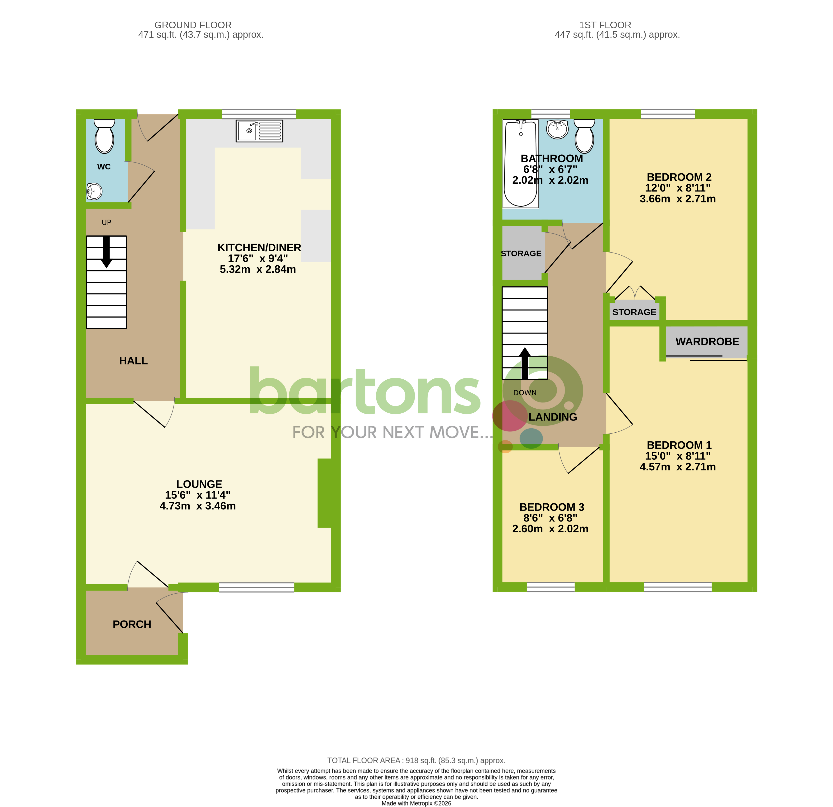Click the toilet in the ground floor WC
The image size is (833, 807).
point(104,136)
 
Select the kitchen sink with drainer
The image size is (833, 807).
point(259,131)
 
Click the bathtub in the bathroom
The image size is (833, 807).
point(521,164)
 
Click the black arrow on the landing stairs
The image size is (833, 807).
point(525,363)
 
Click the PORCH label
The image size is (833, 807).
point(132,624)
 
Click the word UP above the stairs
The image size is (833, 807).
point(106,222)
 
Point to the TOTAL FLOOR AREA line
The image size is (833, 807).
point(416,760)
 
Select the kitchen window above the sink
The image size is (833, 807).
point(259,114)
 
